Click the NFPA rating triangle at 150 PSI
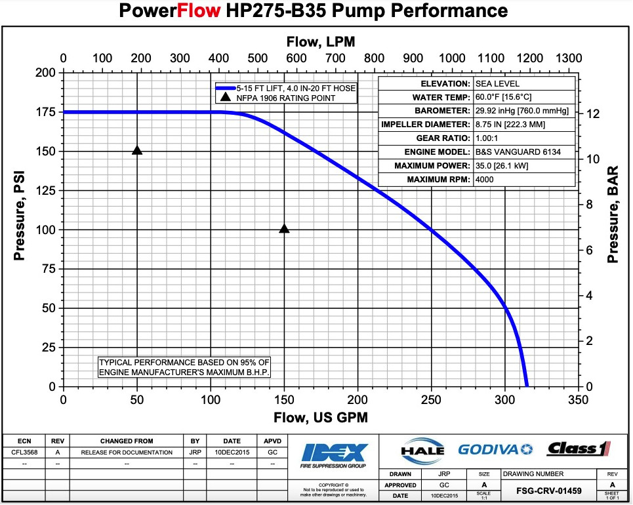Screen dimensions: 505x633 click(137, 150)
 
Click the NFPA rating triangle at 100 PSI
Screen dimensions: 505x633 click(284, 229)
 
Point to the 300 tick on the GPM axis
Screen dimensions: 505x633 click(504, 399)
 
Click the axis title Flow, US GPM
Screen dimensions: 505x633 click(321, 417)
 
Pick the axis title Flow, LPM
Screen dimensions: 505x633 click(321, 41)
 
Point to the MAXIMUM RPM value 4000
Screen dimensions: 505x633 click(485, 180)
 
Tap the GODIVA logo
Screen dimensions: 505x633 click(496, 449)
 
